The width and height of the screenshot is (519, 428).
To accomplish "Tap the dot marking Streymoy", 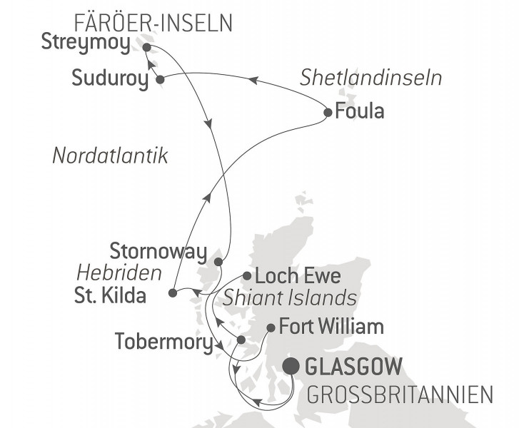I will (x=146, y=48).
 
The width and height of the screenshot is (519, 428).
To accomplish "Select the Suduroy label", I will (x=110, y=78).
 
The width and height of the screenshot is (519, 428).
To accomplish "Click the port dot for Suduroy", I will (x=160, y=80).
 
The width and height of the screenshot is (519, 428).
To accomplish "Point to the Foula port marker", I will (x=328, y=112).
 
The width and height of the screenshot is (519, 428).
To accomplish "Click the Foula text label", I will (x=360, y=111).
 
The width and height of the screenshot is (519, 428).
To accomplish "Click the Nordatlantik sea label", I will (x=110, y=156).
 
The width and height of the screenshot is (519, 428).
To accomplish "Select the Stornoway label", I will (x=158, y=251).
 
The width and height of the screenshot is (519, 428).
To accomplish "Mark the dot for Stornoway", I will (x=219, y=262).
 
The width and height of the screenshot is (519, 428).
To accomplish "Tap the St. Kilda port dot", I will (x=173, y=292).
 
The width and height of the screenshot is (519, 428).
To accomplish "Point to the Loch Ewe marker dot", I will (x=246, y=275).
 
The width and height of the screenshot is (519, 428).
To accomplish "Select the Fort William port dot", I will (x=271, y=329).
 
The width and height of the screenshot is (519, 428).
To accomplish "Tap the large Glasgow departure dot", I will (x=291, y=367).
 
